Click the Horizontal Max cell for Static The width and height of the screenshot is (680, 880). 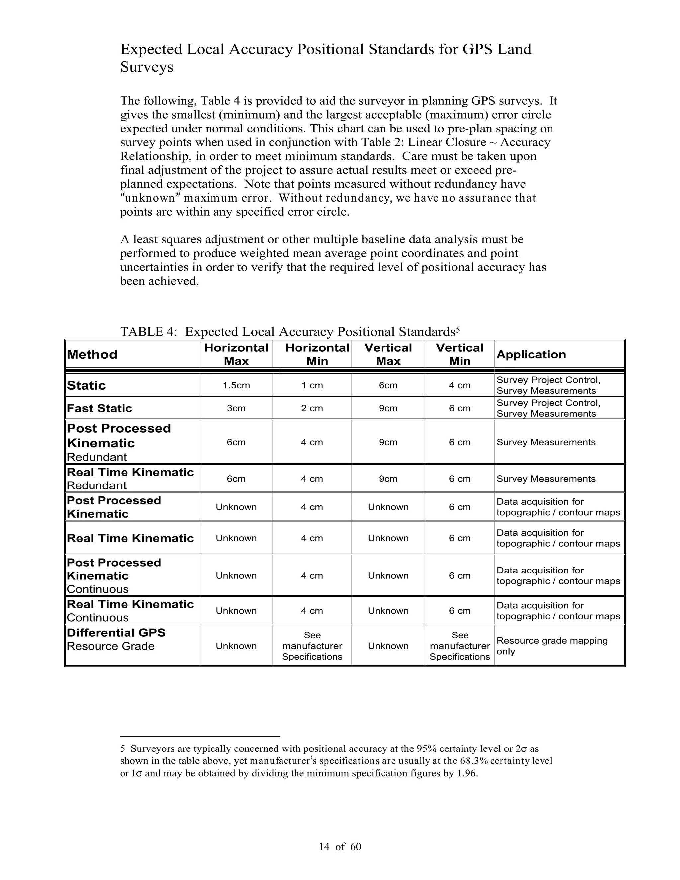point(236,385)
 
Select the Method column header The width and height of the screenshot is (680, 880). point(92,355)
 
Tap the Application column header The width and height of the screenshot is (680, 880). point(531,355)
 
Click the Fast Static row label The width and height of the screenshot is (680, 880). point(100,408)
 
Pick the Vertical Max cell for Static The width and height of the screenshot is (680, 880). point(388,385)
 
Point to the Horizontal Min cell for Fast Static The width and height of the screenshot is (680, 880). point(312,408)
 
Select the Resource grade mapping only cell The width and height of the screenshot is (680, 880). point(552,646)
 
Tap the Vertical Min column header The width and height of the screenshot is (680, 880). point(460,354)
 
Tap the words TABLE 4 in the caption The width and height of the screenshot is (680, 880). point(148,332)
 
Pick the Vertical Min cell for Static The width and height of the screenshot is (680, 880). point(460,385)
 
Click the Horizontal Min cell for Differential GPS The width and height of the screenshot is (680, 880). point(312,646)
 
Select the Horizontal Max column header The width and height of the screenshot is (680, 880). point(236,354)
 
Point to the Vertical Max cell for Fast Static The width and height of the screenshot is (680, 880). point(388,408)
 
